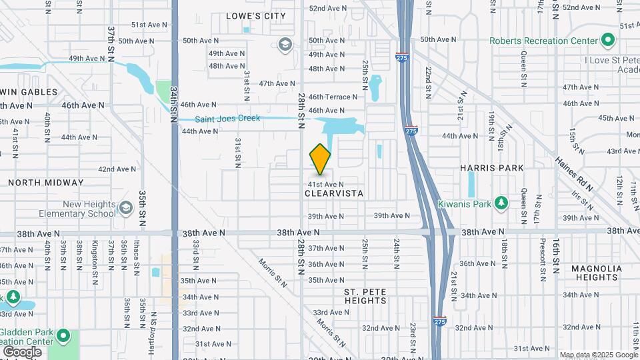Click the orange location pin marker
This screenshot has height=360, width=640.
321,159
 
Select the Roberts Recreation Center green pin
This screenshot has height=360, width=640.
607,41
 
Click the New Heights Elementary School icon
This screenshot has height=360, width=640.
125,209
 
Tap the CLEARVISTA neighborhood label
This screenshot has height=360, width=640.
334,193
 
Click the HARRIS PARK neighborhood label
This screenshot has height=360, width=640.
492,168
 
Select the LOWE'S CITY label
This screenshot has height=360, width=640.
256,16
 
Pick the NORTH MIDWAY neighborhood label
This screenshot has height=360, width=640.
46,183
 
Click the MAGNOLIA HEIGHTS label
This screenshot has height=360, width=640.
597,273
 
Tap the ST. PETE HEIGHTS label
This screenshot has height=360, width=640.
365,296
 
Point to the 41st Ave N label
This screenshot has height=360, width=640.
325,184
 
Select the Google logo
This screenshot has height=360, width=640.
22,351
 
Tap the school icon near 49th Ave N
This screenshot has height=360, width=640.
285,45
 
